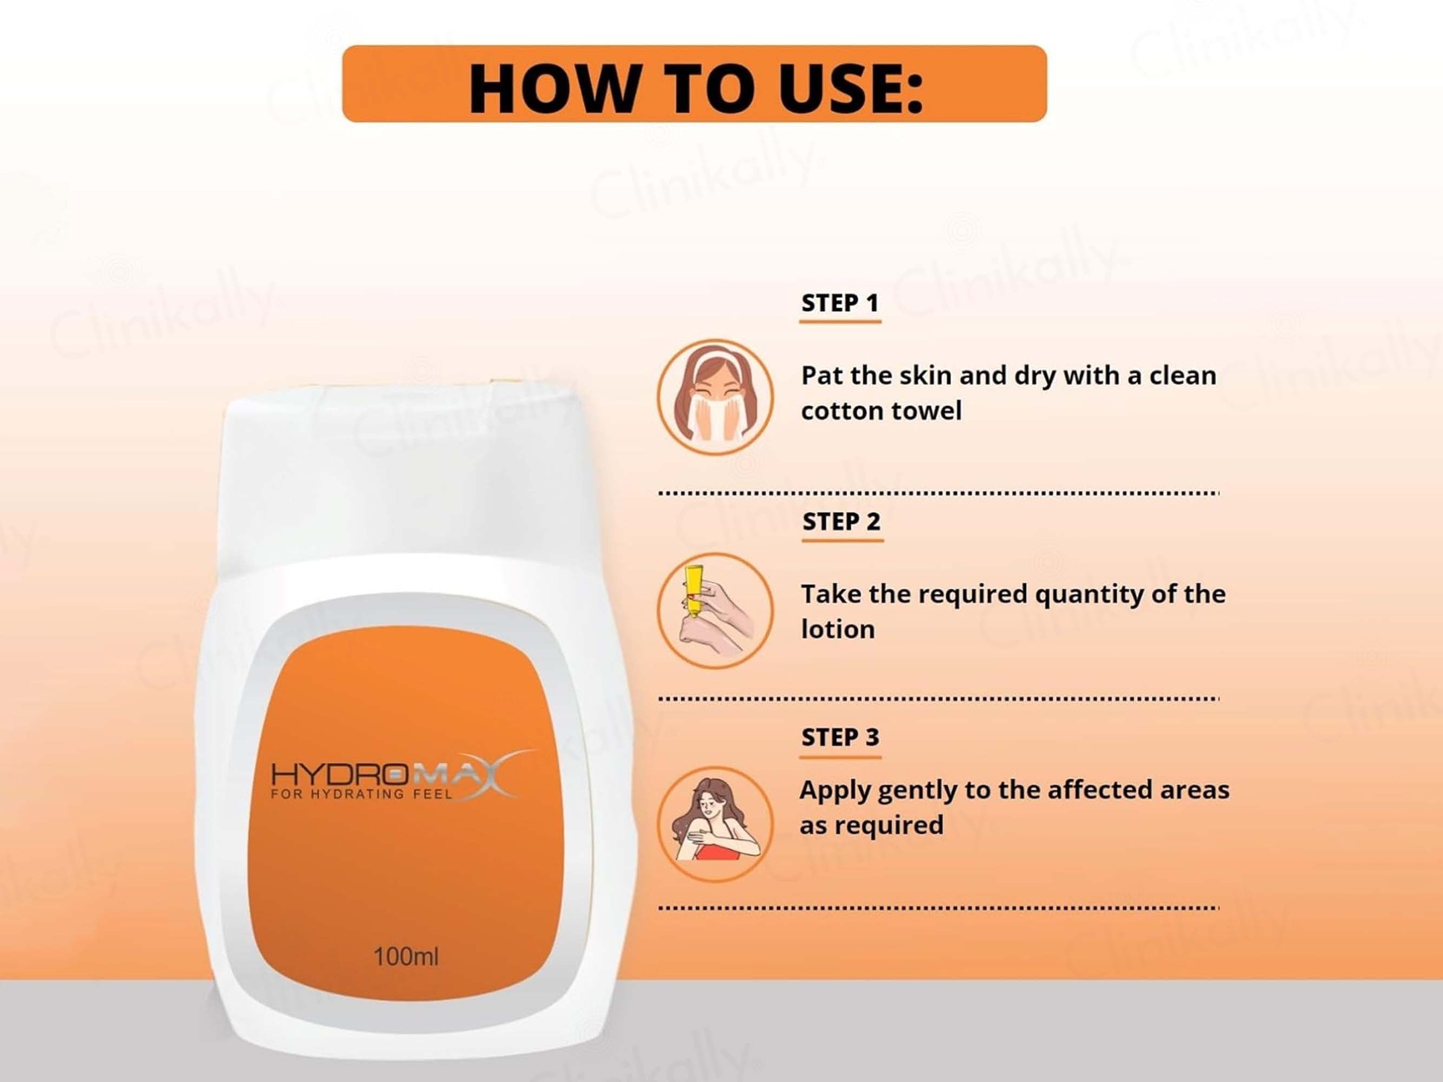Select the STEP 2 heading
tap(841, 521)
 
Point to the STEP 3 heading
tap(840, 737)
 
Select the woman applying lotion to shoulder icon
tap(715, 824)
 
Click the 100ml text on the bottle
tap(406, 957)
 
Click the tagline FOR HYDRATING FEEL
tap(361, 794)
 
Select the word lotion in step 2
tap(838, 629)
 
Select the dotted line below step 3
tap(939, 908)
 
